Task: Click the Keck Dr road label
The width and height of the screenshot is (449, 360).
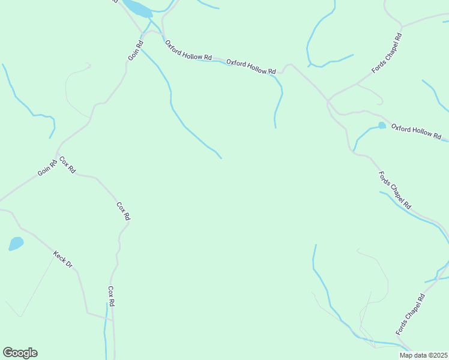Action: click(62, 259)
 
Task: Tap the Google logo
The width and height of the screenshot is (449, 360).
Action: click(20, 353)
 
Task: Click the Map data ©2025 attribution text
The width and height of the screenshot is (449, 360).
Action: click(423, 355)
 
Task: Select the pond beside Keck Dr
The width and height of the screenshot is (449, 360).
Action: click(16, 244)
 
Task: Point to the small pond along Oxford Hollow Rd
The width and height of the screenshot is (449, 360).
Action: click(382, 125)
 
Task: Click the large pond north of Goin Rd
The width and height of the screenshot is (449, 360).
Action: click(137, 8)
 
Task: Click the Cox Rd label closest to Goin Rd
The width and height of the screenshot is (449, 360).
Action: click(67, 165)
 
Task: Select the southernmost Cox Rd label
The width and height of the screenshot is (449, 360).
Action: click(111, 296)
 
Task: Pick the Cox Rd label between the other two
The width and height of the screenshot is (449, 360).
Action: click(123, 211)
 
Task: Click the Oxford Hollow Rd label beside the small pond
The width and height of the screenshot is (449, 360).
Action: click(416, 131)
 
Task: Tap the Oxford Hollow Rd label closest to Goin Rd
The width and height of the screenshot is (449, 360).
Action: click(188, 50)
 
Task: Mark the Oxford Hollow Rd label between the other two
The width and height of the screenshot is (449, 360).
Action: click(251, 66)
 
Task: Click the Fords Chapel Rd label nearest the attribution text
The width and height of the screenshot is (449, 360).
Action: click(410, 314)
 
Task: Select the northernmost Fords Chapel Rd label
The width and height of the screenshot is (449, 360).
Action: click(386, 54)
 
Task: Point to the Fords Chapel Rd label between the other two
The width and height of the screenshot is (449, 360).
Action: click(395, 190)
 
